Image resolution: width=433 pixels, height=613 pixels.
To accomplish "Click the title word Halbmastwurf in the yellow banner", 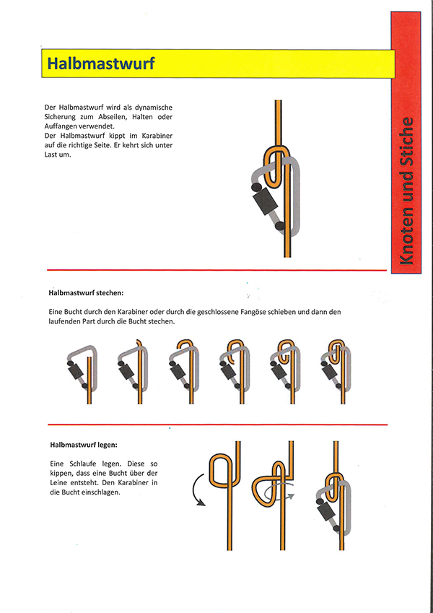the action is pos(101,64).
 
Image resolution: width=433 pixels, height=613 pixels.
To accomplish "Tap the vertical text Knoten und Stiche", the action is pos(406,191).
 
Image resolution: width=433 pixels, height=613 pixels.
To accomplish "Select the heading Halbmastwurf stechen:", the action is pos(86,292).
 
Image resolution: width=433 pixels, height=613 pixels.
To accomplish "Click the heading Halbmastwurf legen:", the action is pos(84,445).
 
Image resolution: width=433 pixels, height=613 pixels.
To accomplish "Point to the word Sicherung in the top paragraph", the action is pos(58,117).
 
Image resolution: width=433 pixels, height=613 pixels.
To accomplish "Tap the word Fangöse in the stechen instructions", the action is pos(252,313).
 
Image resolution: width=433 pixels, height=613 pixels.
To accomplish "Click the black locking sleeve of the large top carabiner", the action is pos(266,201).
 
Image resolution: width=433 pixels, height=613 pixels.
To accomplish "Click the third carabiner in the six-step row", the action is pos(182,370).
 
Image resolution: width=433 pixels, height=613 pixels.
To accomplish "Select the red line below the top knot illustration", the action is pos(217,270).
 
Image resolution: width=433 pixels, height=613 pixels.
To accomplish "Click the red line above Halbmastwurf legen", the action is pos(218,425).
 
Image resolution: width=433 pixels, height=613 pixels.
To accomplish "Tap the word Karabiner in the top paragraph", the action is pos(159,136).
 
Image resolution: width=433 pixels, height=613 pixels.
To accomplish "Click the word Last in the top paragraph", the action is pos(51,155).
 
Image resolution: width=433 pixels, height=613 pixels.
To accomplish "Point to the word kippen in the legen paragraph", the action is pos(61,474).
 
